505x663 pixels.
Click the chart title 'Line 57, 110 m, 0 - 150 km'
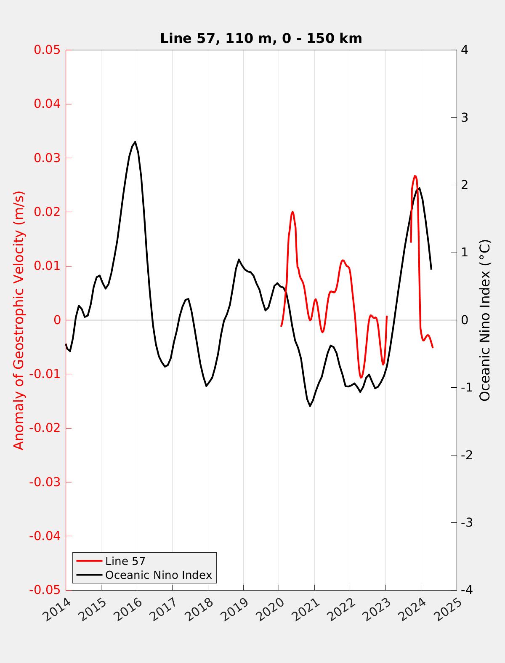click(261, 39)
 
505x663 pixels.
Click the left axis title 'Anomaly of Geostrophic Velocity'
click(19, 320)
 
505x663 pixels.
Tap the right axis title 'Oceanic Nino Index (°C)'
click(485, 320)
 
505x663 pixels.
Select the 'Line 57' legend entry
click(125, 561)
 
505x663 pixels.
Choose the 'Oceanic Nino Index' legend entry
click(158, 575)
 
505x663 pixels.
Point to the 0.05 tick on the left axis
click(48, 50)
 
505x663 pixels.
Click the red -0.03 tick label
click(45, 482)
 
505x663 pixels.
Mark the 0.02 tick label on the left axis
click(48, 212)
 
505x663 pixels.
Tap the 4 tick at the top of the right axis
click(465, 50)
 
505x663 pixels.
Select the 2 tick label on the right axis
click(465, 185)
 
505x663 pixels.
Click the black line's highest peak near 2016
click(135, 142)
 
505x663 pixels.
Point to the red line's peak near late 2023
click(415, 176)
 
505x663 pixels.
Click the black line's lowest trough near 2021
click(310, 406)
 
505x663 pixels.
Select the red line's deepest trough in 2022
click(361, 377)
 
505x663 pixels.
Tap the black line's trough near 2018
click(206, 386)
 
